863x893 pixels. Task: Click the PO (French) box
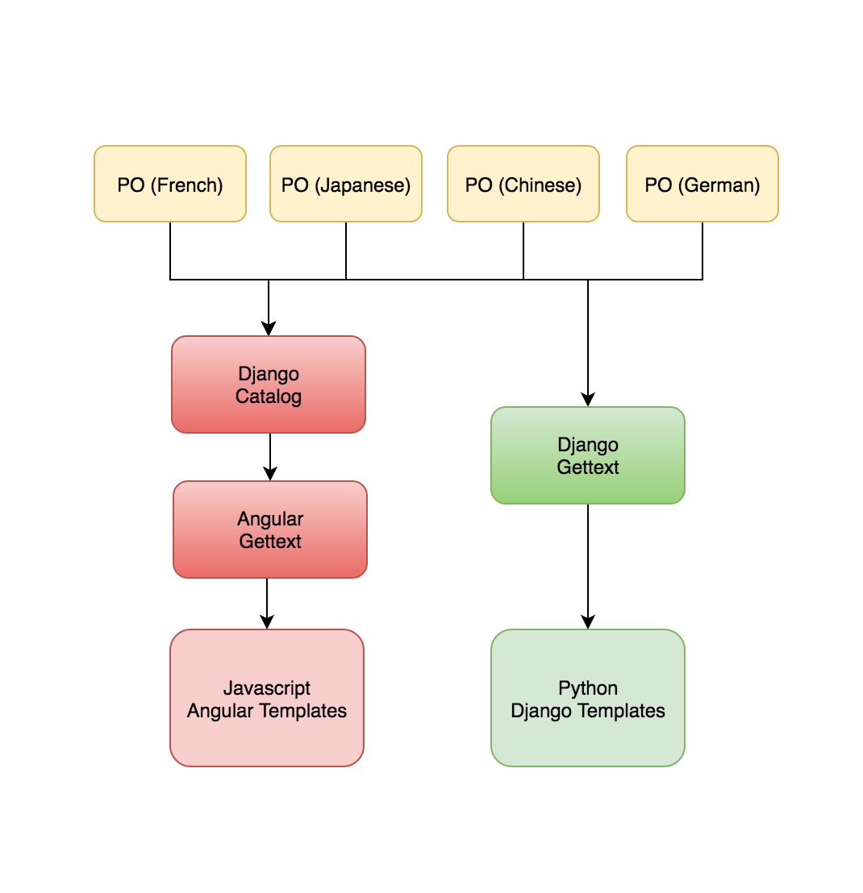170,184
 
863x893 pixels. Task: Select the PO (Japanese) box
346,184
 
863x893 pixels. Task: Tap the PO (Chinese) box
523,184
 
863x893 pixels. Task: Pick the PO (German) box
702,184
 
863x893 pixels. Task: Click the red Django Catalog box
269,384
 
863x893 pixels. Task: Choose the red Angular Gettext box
270,530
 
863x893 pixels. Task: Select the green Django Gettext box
588,455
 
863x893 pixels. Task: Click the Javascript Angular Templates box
267,698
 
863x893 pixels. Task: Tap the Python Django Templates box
588,698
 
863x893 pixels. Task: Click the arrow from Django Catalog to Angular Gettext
270,457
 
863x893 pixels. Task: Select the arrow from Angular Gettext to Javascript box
267,604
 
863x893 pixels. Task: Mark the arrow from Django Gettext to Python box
588,564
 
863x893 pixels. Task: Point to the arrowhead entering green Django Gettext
588,399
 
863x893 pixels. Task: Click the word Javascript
267,688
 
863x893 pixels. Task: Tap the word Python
588,688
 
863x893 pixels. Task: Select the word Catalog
269,397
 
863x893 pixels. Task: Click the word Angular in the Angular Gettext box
270,519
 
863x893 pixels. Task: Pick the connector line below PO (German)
702,250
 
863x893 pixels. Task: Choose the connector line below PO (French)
170,250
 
